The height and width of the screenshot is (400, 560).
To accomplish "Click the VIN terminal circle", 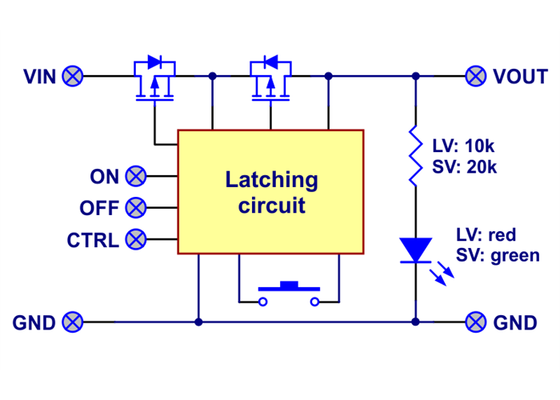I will click(x=73, y=76).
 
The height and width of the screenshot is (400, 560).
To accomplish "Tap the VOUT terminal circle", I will click(x=476, y=76).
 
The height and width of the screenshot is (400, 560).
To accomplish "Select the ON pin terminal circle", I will click(x=137, y=176).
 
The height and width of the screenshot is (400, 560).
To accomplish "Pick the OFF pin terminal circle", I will click(x=137, y=208).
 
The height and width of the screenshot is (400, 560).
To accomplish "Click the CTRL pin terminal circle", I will click(x=137, y=238).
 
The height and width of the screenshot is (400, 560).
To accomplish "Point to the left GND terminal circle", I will click(x=73, y=322).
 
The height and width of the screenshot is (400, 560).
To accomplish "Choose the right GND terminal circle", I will click(x=476, y=322).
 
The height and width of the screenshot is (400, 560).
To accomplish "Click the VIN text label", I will click(x=40, y=77).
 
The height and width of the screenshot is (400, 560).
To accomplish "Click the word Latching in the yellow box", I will click(x=271, y=180).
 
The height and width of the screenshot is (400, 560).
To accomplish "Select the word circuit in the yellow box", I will click(x=271, y=206).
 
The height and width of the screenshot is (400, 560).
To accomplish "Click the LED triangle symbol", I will click(x=415, y=250).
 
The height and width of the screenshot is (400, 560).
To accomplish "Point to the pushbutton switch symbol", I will click(x=289, y=292).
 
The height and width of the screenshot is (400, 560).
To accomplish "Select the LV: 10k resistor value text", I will click(x=465, y=146).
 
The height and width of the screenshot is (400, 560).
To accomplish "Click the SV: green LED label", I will click(x=498, y=256).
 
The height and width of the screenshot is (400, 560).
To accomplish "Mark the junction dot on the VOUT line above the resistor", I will click(x=415, y=76).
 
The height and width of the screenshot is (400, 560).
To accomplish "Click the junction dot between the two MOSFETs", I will click(x=212, y=76).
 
